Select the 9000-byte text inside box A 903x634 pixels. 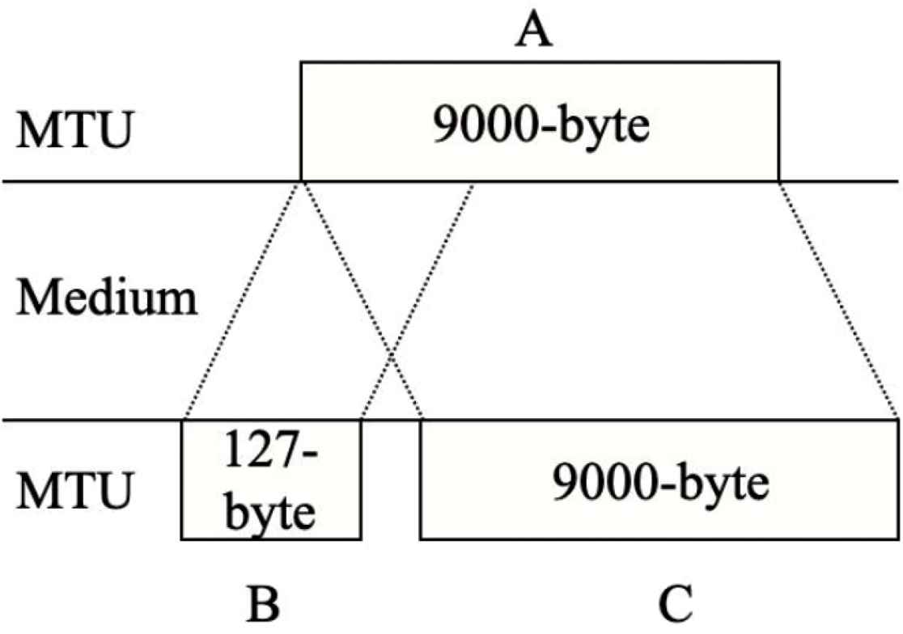pos(541,127)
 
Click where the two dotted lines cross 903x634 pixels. pos(391,354)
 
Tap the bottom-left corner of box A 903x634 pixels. pos(301,180)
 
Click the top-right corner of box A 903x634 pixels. pos(778,61)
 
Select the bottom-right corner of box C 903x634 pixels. pos(898,539)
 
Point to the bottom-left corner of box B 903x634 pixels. pos(182,539)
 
